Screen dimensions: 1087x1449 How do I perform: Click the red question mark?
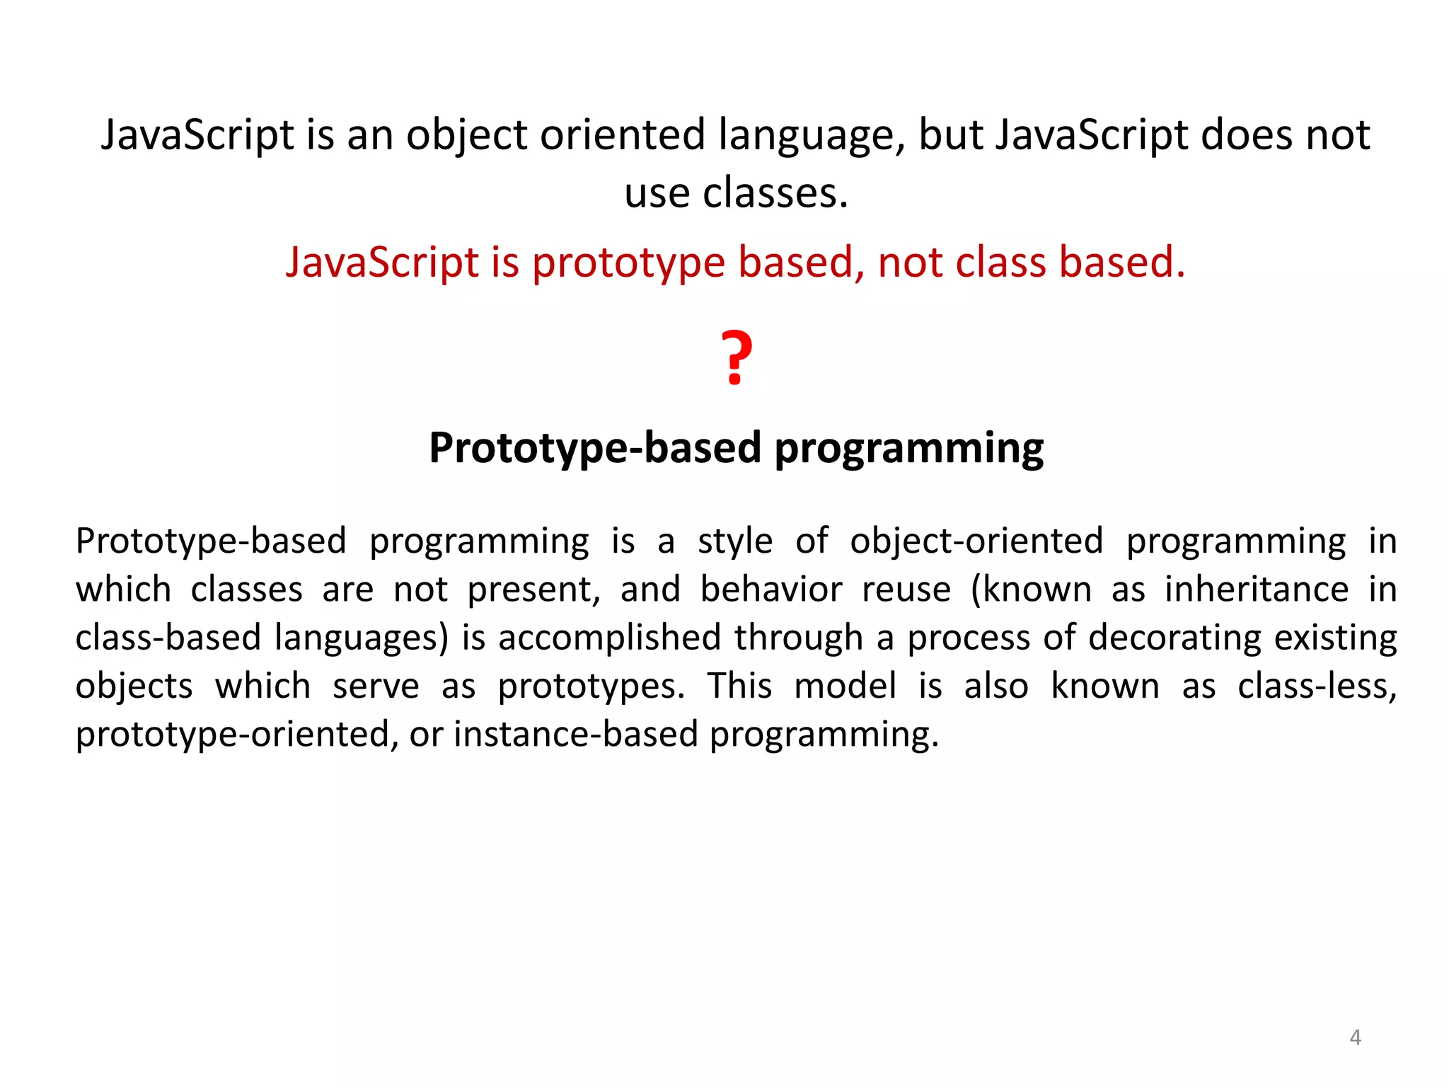click(736, 357)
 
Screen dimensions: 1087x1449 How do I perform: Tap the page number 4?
click(1355, 1037)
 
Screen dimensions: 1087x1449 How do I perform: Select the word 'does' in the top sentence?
click(1246, 135)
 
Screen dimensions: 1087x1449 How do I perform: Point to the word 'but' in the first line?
click(950, 135)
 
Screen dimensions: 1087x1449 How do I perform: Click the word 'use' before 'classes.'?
click(657, 193)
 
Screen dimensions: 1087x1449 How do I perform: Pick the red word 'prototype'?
click(628, 263)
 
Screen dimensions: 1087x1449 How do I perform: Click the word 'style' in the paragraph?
click(735, 541)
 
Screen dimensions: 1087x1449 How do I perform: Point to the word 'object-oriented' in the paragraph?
click(976, 541)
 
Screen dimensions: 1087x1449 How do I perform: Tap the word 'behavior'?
click(771, 589)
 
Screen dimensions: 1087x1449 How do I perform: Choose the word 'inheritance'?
click(1257, 589)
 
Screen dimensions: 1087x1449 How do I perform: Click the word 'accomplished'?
click(609, 638)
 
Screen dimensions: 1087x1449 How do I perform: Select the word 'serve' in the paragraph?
click(376, 686)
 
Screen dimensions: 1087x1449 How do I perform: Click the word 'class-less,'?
click(1317, 686)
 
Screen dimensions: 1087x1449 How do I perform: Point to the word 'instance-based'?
click(576, 734)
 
